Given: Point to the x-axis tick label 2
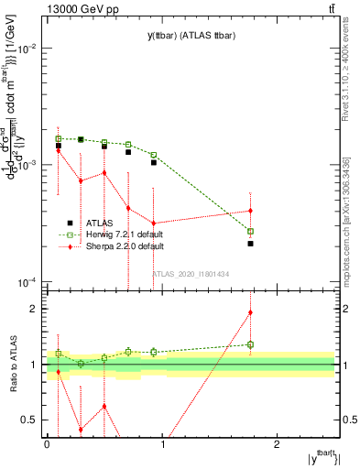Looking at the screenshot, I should [x=278, y=444].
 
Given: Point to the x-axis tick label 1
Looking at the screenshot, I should [x=162, y=444].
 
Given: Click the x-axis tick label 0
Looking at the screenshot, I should [x=47, y=444].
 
